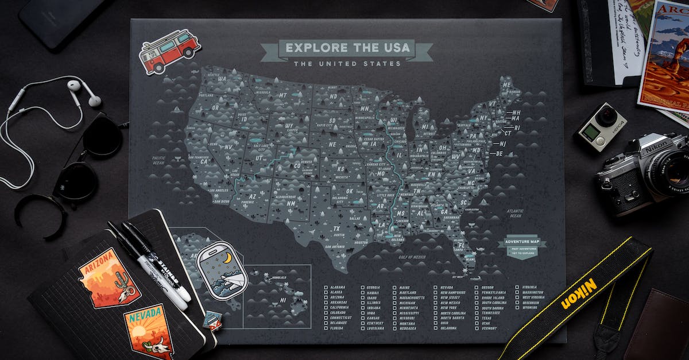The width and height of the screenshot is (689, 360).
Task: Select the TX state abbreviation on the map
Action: [x=336, y=229]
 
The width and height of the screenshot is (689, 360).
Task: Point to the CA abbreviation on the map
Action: [x=203, y=161]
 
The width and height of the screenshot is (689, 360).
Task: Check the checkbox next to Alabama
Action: [x=326, y=287]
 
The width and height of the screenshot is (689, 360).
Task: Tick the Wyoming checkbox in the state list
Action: [x=518, y=307]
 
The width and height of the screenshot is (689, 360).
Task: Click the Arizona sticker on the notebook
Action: [x=109, y=278]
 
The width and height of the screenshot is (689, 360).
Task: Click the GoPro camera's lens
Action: [x=606, y=118]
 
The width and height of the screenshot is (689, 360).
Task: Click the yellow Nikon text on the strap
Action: [x=579, y=293]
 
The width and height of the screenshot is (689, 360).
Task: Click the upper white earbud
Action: [x=74, y=86]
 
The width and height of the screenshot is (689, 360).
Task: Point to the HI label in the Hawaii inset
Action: [x=282, y=300]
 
